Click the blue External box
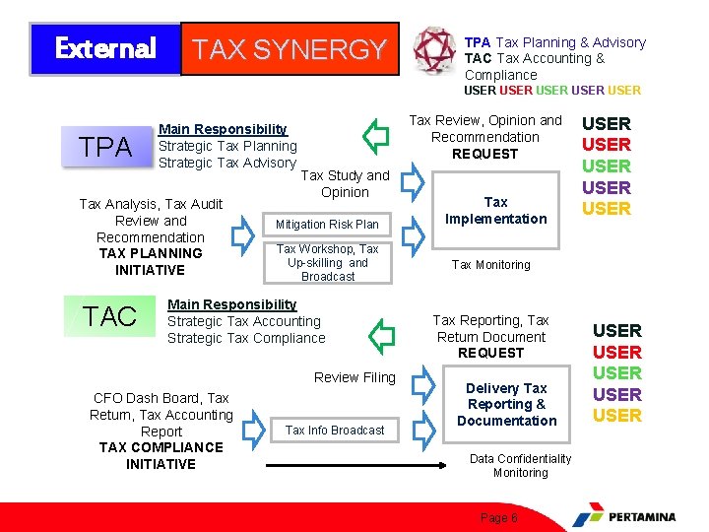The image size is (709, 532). tap(105, 48)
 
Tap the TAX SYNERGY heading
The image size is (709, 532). tap(290, 49)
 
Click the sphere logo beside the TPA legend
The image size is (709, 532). tap(433, 49)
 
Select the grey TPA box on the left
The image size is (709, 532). tap(106, 148)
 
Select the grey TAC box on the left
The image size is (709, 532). tap(109, 316)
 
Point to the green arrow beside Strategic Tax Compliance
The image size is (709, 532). tap(381, 334)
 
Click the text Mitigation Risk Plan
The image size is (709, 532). tap(327, 225)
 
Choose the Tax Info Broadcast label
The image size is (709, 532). tap(335, 430)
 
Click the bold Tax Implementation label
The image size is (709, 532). tap(495, 210)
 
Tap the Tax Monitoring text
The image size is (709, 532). tap(490, 264)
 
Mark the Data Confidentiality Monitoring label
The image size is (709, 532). tap(520, 465)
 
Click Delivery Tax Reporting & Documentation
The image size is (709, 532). tap(506, 404)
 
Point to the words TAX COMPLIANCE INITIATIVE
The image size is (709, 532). tap(161, 455)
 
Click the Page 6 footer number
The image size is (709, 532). tap(497, 517)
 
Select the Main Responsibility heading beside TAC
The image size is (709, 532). tap(231, 304)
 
